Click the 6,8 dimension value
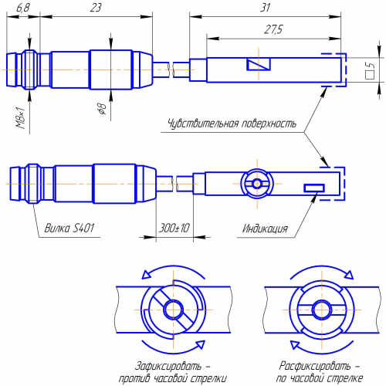[23, 8]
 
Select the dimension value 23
[96, 8]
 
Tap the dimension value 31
[266, 8]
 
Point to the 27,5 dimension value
[273, 29]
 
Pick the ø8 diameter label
[102, 108]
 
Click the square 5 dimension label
[371, 70]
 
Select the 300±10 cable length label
[174, 228]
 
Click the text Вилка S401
[69, 228]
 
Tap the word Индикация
[265, 229]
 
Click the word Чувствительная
[203, 124]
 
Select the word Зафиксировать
[168, 366]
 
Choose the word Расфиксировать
[315, 366]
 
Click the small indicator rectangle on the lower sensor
[314, 188]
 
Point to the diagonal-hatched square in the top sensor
[259, 64]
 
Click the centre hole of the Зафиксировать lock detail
[174, 310]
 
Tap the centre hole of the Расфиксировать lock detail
[322, 310]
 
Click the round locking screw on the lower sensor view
[257, 184]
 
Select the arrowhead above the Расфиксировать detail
[349, 275]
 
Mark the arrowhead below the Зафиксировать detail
[200, 344]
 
